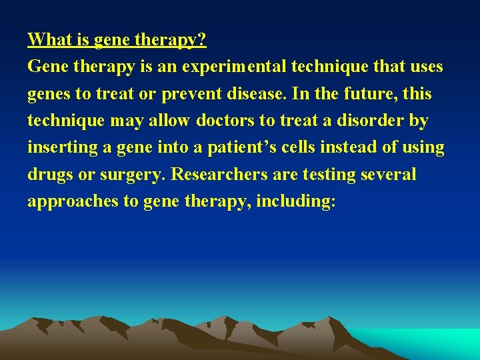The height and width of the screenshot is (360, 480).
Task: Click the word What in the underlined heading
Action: coord(49,40)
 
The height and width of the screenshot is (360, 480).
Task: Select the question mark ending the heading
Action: coord(202,40)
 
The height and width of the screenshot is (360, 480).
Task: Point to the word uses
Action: coord(425,67)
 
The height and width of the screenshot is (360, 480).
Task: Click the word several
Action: coord(387,175)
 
